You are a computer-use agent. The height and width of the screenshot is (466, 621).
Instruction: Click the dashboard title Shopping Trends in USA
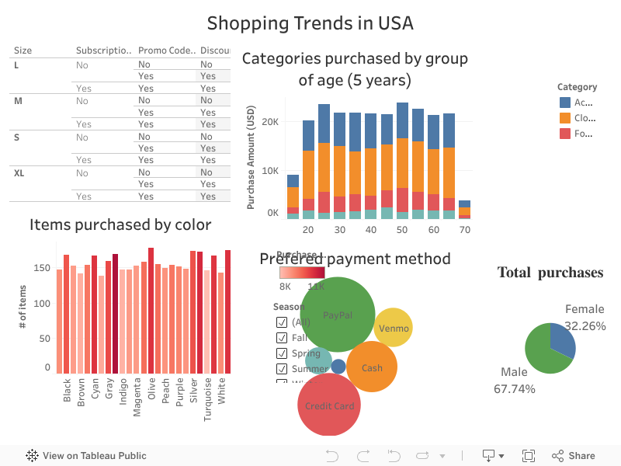pos(310,23)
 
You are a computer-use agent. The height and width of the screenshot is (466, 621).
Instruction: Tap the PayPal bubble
pos(338,315)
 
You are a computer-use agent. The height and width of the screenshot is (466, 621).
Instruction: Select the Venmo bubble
pos(393,327)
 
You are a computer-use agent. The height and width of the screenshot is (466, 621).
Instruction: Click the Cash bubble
pos(372,367)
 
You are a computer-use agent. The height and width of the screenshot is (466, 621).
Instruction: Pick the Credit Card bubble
pos(329,405)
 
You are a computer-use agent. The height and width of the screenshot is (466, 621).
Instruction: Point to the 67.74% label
pos(515,388)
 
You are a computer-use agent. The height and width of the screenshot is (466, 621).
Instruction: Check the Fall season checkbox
pos(282,338)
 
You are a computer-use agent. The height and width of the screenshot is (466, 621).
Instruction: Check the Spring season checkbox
pos(282,353)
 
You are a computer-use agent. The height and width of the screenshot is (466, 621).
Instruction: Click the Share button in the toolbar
pos(574,456)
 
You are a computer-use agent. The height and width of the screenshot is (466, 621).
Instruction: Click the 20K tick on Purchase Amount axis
pos(270,122)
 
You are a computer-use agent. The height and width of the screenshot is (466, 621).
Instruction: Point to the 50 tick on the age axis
pos(402,231)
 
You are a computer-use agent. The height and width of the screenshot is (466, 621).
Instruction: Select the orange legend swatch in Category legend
pos(564,118)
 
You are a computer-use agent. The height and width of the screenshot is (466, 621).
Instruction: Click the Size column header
pos(23,50)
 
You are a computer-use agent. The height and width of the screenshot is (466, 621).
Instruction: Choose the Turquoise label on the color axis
pos(207,398)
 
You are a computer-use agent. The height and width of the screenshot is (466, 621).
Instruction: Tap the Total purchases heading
pos(550,272)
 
